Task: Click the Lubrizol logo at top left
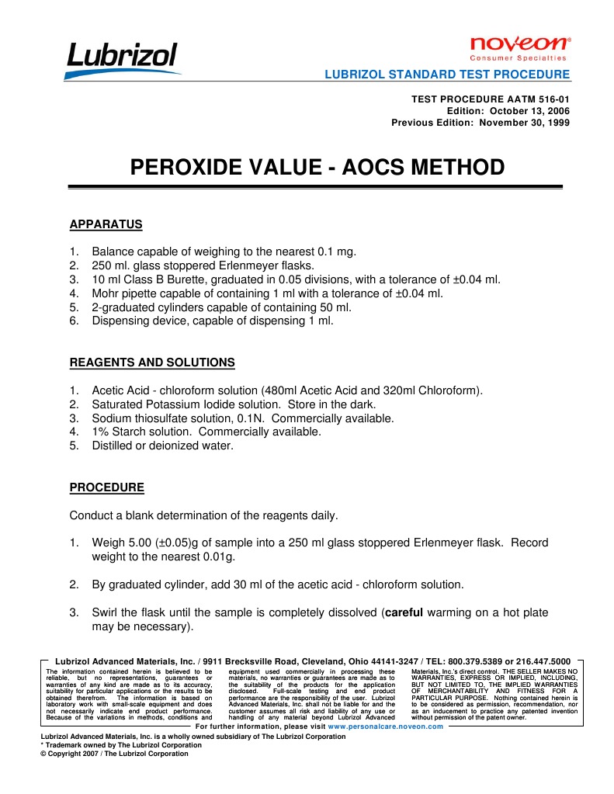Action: pos(123,58)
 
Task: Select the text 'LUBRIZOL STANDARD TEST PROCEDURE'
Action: pos(446,75)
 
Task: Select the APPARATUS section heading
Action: pos(106,224)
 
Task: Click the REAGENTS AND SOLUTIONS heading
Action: pos(152,362)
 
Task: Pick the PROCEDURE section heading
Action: pos(106,487)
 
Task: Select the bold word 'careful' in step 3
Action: pos(404,612)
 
